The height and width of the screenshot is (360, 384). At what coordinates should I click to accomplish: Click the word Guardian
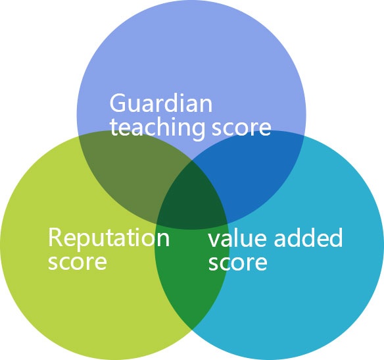coord(161,103)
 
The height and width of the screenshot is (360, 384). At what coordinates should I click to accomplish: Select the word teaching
coord(157,128)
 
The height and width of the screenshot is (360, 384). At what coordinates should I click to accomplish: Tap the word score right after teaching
coord(241,128)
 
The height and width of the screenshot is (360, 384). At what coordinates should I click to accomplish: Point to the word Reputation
coord(108,238)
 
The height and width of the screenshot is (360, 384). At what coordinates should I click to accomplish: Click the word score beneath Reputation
coord(78,262)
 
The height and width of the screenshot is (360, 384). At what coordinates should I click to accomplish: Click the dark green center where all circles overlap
coord(192,199)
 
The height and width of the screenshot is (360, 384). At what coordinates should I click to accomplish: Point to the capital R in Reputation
coord(55,237)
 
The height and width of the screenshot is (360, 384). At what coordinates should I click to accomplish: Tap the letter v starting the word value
coord(214,240)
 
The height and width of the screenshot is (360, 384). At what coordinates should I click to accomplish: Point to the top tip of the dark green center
coord(192,160)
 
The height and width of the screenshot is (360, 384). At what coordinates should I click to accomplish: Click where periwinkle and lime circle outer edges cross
coord(78,136)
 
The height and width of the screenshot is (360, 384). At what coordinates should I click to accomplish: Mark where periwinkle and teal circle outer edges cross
coord(304,136)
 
